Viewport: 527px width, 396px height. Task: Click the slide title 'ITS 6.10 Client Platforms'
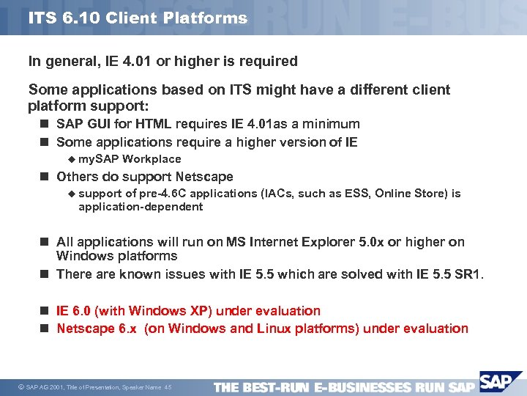tap(138, 18)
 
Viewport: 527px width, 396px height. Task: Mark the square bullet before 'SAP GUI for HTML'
tap(45, 124)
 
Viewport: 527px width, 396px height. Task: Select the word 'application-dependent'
tap(141, 207)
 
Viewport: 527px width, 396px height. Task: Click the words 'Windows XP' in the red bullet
tap(188, 311)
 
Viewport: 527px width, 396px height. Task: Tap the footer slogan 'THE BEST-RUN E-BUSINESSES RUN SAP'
tap(344, 386)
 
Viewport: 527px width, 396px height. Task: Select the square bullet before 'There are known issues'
tap(45, 274)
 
